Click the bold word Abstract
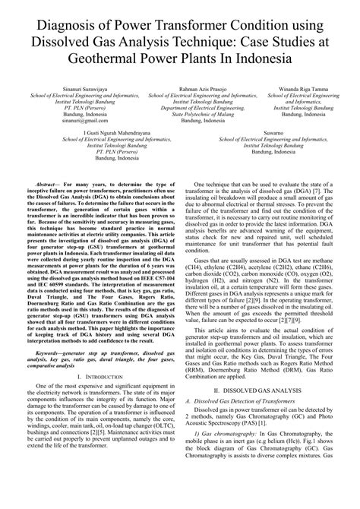pos(48,185)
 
